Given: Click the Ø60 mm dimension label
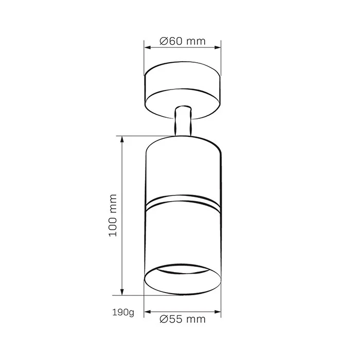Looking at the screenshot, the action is pos(183,41).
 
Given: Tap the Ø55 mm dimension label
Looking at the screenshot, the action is pos(183,319).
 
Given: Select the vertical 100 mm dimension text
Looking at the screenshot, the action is pos(113,215).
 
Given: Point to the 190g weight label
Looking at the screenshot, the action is pos(123,313).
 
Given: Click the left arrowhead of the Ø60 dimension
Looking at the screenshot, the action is pos(148,47).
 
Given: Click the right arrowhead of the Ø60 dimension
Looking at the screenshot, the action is pos(218,47).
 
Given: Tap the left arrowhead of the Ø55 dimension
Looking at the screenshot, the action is pos(148,312).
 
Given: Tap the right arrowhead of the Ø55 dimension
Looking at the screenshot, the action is pos(218,312).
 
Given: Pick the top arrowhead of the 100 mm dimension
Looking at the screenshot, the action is pos(122,139).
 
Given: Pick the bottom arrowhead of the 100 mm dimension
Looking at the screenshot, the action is pos(122,292).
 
